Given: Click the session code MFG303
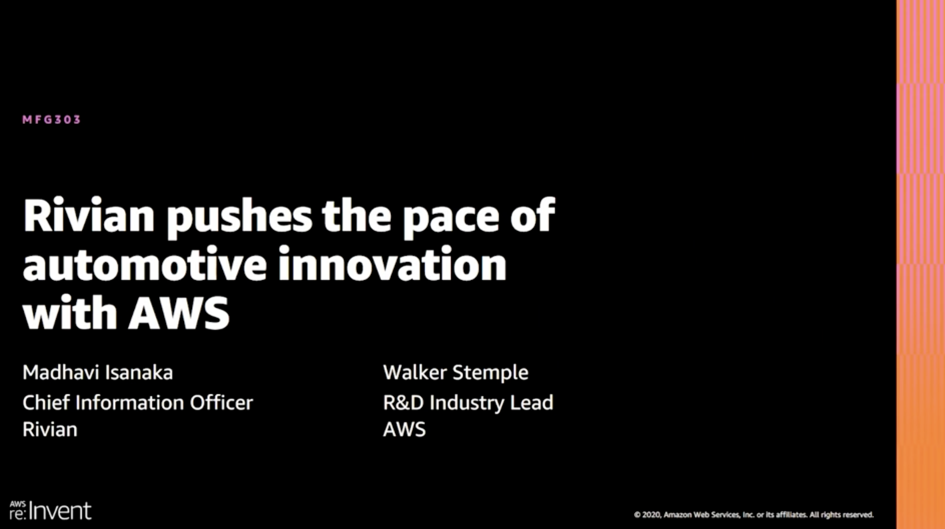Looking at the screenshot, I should [51, 120].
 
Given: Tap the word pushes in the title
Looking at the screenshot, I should [239, 217].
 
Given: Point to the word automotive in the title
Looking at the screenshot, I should [144, 265].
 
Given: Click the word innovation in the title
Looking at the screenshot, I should [392, 265].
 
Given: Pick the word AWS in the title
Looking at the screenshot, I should [179, 313].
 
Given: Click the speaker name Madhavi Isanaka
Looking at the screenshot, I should [98, 373].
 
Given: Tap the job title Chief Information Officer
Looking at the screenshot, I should [137, 403].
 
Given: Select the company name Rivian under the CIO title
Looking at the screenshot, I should [50, 429].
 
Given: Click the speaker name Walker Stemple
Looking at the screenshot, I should [456, 373].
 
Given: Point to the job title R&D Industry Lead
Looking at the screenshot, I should [468, 403].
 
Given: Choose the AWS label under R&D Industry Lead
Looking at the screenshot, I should [404, 429].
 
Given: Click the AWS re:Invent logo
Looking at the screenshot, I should [50, 511].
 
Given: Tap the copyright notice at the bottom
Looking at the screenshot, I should [754, 515].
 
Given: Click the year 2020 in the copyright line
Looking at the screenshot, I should [651, 515].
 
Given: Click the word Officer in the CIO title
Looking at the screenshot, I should [221, 403].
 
